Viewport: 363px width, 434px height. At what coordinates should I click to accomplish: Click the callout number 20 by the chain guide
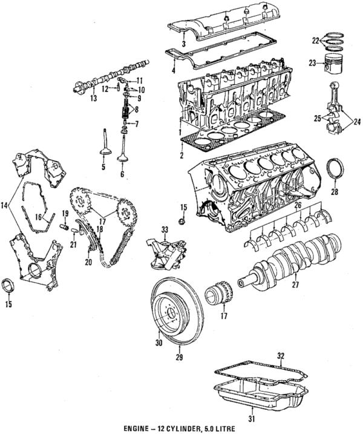pos(88,262)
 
